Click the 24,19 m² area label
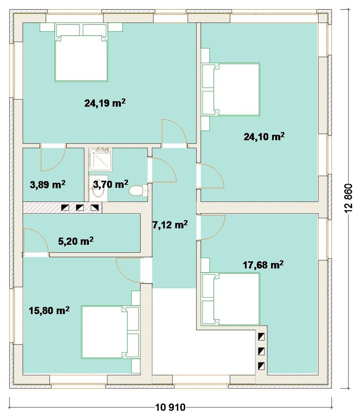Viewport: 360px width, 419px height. click(105, 103)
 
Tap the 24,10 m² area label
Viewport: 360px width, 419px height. click(264, 137)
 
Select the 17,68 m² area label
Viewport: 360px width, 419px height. click(263, 265)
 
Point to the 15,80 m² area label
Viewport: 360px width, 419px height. click(49, 311)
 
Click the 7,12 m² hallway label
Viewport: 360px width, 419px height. click(170, 225)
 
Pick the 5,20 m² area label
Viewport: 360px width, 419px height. click(76, 241)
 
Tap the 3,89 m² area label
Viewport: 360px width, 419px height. click(47, 185)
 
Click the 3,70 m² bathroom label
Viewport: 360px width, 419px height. click(111, 184)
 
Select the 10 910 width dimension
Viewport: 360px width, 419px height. click(170, 407)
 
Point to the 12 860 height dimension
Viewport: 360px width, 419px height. click(349, 198)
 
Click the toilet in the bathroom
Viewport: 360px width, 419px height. click(138, 190)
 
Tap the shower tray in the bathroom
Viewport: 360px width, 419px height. click(100, 160)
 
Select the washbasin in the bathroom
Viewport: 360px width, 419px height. click(98, 188)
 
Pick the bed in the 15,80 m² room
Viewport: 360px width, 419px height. click(111, 332)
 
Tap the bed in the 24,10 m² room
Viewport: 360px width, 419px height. click(230, 89)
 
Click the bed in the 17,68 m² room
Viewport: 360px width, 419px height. click(230, 299)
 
